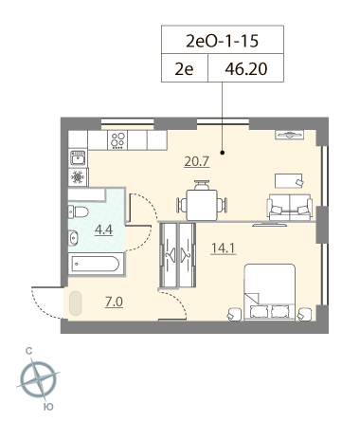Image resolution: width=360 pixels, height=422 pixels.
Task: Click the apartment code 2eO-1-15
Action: pos(223,41)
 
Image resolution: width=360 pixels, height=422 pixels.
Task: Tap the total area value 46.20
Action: pos(246,69)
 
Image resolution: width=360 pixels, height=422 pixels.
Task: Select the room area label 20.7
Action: pos(197,161)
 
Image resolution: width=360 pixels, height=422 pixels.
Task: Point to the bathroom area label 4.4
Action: pos(103,229)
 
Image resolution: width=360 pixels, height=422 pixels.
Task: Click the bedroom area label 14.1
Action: pos(224,248)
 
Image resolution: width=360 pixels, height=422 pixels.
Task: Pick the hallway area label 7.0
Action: pos(114,303)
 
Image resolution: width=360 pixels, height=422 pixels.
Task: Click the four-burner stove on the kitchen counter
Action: pos(117,140)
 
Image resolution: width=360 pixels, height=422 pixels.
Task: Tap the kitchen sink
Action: pos(78,157)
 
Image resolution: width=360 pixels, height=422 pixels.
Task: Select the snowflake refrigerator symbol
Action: pos(78,177)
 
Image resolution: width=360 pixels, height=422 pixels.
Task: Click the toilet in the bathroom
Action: pos(78,211)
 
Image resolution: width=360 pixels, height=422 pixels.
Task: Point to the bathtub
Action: pos(96,264)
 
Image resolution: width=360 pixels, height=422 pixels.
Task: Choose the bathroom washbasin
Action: pos(73,238)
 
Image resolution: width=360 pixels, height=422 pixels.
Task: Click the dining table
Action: pos(202,205)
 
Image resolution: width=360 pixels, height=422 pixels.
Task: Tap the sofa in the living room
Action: pos(290,207)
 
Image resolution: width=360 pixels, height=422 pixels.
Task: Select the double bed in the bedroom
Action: pos(269,292)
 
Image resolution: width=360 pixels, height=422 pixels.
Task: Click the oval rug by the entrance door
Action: pos(76,303)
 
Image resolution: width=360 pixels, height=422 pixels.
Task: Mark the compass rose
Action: pos(39,378)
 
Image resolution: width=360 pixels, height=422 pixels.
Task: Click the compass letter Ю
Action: pos(48,407)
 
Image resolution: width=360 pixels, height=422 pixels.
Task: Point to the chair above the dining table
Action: pos(202,185)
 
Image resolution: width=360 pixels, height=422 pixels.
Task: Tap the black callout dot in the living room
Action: pos(223,153)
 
